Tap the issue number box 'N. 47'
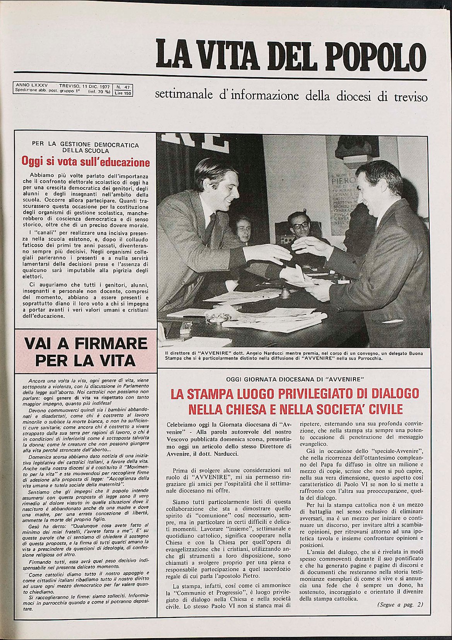pos(123,87)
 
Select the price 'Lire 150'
pos(123,93)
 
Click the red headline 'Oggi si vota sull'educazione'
pos(85,161)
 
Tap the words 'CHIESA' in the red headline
pos(252,409)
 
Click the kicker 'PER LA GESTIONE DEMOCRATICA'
pos(85,145)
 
